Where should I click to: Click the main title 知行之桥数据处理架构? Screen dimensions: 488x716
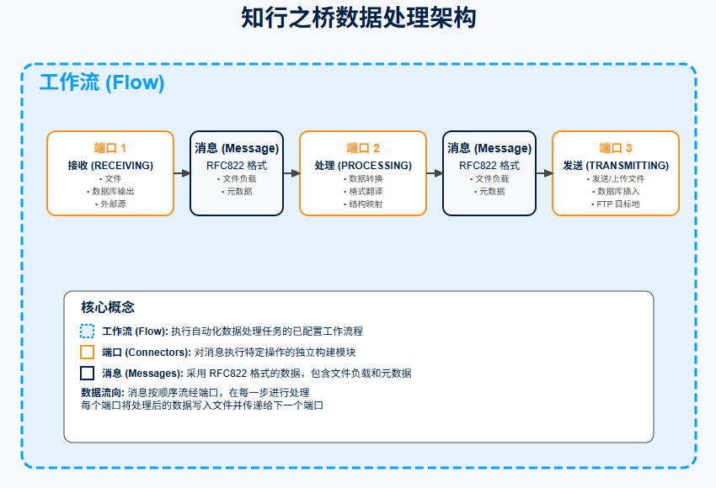pyautogui.click(x=358, y=19)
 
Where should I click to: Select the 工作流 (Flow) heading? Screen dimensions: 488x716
pyautogui.click(x=102, y=82)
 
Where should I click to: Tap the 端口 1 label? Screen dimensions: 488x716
pyautogui.click(x=110, y=148)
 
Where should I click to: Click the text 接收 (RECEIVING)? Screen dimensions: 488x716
pyautogui.click(x=110, y=165)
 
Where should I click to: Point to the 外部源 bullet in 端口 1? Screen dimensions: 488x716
pyautogui.click(x=110, y=204)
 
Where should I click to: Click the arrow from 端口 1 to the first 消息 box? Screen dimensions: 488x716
pyautogui.click(x=182, y=173)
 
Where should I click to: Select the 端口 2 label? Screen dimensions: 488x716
pyautogui.click(x=363, y=148)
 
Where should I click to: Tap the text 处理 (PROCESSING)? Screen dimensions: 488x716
pyautogui.click(x=363, y=165)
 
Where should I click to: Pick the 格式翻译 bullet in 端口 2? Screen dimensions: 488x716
pyautogui.click(x=363, y=191)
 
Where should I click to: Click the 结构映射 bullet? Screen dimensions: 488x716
pyautogui.click(x=363, y=204)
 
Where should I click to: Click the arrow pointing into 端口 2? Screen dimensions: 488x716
pyautogui.click(x=291, y=173)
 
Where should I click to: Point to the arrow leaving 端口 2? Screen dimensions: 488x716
pyautogui.click(x=435, y=173)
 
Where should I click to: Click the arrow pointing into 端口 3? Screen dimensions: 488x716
pyautogui.click(x=544, y=173)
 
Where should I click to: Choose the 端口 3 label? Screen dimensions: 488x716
pyautogui.click(x=616, y=148)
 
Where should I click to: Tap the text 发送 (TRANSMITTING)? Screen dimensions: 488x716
pyautogui.click(x=616, y=165)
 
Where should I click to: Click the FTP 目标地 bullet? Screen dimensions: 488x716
pyautogui.click(x=616, y=204)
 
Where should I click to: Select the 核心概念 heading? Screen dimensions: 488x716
pyautogui.click(x=108, y=307)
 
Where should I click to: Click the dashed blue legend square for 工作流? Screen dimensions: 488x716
pyautogui.click(x=87, y=332)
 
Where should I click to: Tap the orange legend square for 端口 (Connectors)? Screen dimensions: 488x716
pyautogui.click(x=87, y=353)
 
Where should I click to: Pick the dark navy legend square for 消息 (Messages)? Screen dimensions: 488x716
pyautogui.click(x=87, y=373)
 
